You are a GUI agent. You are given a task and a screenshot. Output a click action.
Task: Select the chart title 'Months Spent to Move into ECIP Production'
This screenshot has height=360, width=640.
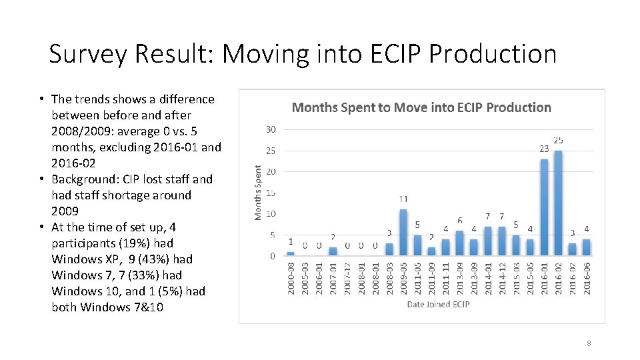pyautogui.click(x=421, y=107)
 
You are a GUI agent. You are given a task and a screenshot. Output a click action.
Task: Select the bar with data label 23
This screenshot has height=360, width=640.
pyautogui.click(x=544, y=207)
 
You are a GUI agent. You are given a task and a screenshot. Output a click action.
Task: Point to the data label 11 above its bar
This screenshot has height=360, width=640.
pyautogui.click(x=403, y=199)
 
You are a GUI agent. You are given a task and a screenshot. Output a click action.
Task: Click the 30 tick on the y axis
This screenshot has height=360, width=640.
pyautogui.click(x=271, y=129)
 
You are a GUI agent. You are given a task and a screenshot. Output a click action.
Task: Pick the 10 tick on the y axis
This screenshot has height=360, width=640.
pyautogui.click(x=271, y=214)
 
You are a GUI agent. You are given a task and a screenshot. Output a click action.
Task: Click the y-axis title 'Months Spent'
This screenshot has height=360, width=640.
pyautogui.click(x=259, y=193)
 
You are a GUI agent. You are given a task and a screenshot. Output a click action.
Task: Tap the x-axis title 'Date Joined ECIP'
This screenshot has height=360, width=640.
pyautogui.click(x=438, y=304)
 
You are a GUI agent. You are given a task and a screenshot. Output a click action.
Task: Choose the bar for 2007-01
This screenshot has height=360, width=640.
pyautogui.click(x=333, y=251)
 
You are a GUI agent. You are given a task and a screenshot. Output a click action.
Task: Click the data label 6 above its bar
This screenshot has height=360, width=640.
pyautogui.click(x=459, y=221)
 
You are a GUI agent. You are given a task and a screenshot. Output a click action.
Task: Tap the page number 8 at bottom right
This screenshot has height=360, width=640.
pyautogui.click(x=588, y=343)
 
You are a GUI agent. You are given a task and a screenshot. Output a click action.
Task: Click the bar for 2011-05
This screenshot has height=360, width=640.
pyautogui.click(x=417, y=245)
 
